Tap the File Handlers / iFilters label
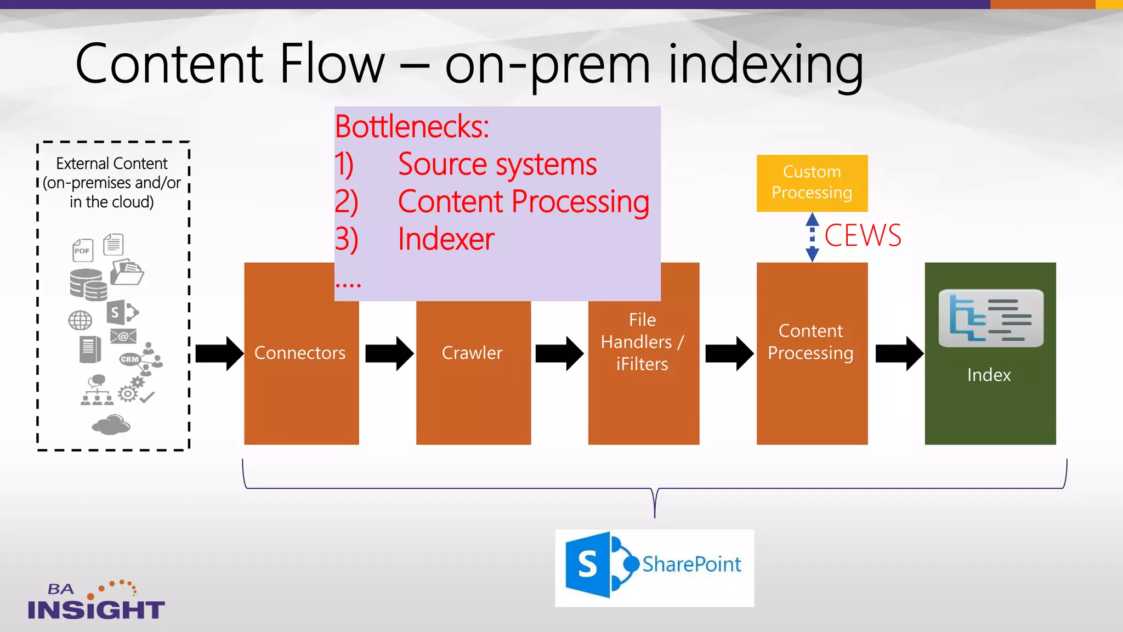coord(642,342)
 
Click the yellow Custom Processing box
coord(812,183)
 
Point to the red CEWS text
coord(862,236)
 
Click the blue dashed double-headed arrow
coord(812,237)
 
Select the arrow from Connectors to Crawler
coord(389,353)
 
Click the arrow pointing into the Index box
coord(899,353)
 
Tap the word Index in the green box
coord(989,375)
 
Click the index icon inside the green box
coord(990,318)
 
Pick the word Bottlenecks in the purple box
coord(411,127)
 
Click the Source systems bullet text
coord(497,164)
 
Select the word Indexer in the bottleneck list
coord(446,239)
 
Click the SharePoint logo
coord(654,567)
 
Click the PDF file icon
coord(83,250)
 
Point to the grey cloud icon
coord(111,425)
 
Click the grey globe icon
coord(80,320)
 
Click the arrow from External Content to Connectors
coord(219,353)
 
